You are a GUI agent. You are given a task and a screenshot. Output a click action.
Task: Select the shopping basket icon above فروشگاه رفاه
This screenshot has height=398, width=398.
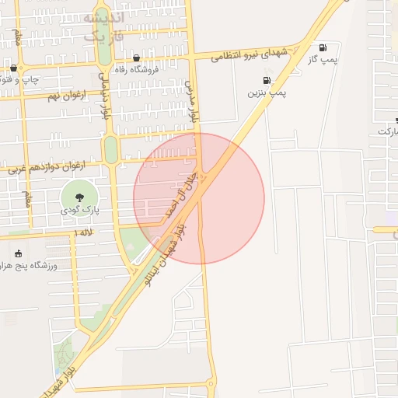[137, 58]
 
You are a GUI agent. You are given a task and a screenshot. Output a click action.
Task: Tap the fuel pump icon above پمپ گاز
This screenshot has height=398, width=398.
[323, 47]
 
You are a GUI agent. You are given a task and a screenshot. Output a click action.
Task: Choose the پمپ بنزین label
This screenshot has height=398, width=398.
[267, 93]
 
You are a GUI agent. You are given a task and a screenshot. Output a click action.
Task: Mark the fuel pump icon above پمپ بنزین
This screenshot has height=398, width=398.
[267, 80]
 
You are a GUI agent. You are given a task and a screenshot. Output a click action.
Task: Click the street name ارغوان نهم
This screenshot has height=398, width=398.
[43, 96]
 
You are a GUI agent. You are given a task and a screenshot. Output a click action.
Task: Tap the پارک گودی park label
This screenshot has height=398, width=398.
[79, 211]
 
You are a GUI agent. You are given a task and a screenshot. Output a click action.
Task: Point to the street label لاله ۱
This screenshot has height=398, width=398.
[83, 232]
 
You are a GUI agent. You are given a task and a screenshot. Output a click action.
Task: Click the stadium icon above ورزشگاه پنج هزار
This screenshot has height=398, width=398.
[18, 253]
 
